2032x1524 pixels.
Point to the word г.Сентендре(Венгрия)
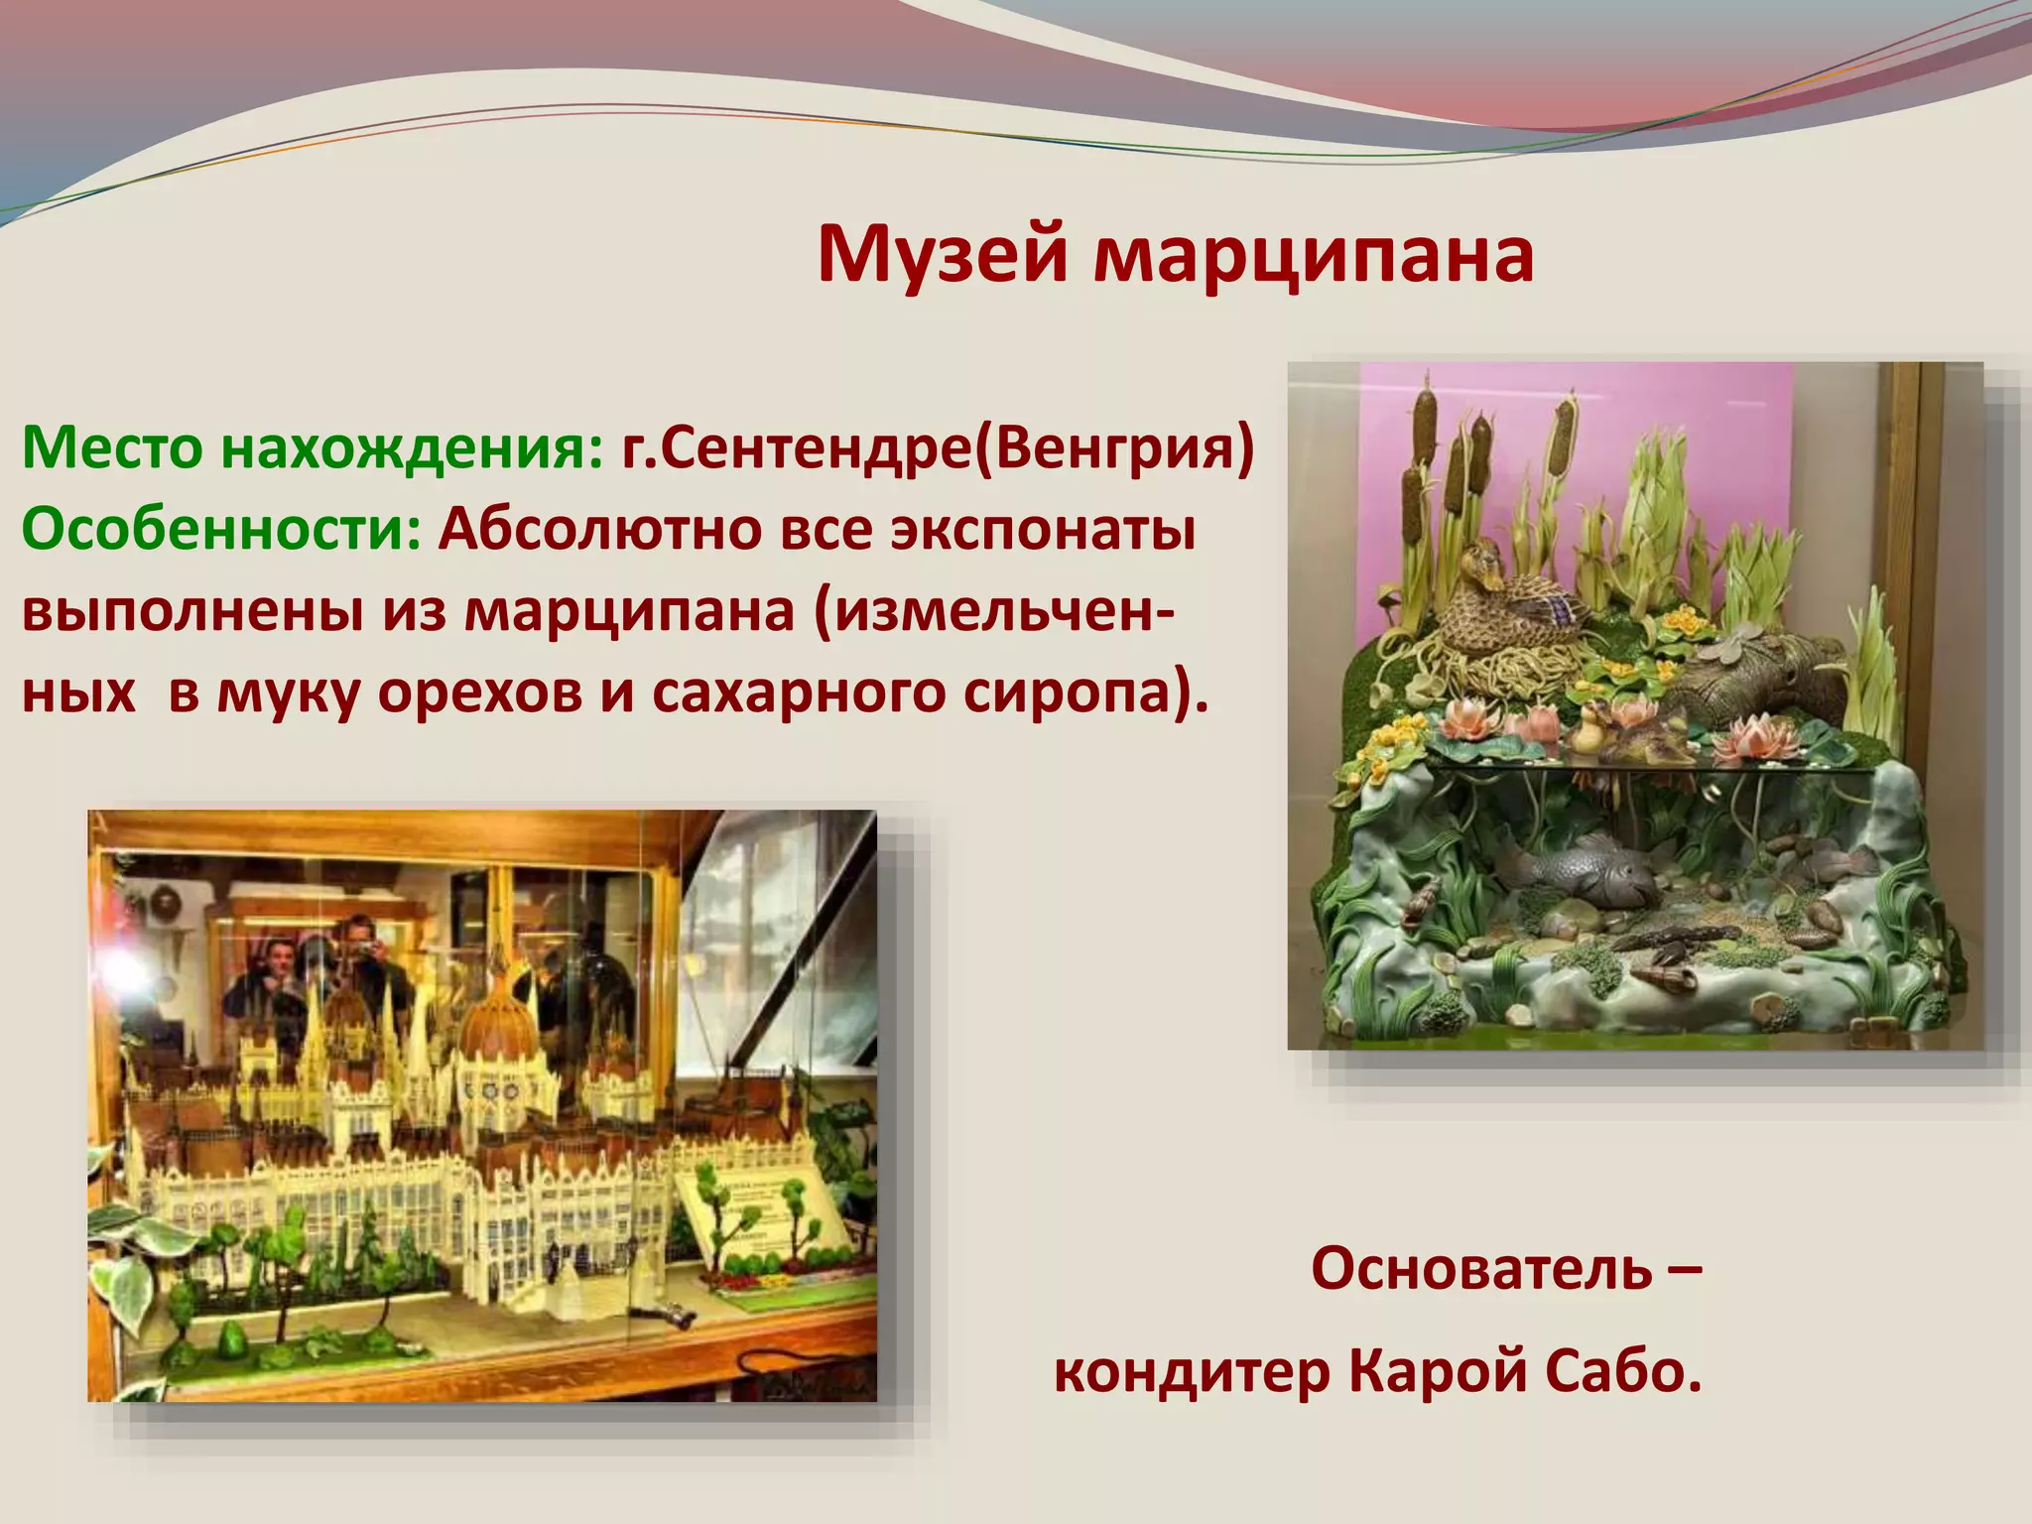(938, 448)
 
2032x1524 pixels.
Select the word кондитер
(1191, 1373)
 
